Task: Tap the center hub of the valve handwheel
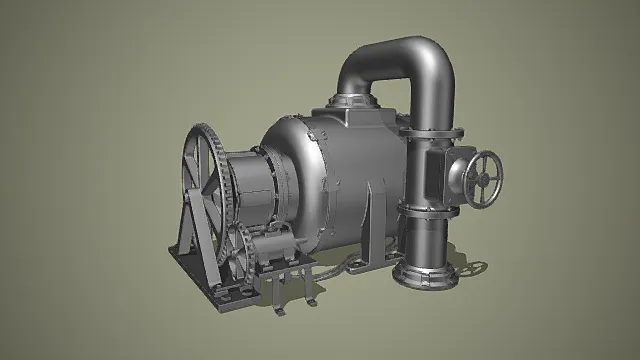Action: [x=485, y=179]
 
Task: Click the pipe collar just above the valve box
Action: [x=430, y=132]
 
